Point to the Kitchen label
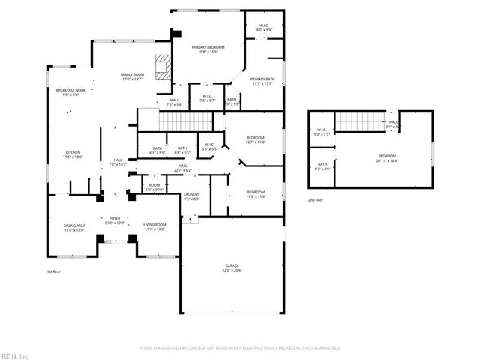73,154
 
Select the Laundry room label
190,196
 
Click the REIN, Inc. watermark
15,355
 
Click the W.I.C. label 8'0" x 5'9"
264,28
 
